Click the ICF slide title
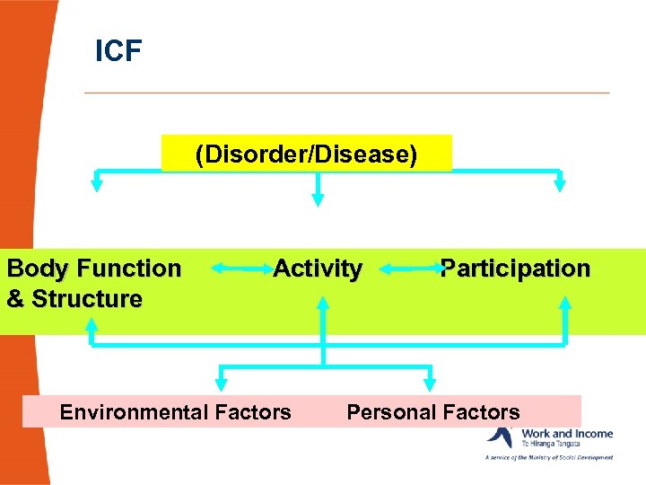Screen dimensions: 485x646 [118, 52]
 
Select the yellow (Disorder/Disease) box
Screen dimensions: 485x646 [306, 154]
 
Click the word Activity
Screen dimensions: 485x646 [318, 269]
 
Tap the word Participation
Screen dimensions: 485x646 [515, 269]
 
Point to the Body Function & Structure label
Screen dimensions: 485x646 [93, 283]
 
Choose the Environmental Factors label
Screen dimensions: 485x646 [175, 412]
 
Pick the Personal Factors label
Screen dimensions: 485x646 [432, 412]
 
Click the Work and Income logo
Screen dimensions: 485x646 [549, 440]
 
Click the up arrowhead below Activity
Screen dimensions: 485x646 [323, 304]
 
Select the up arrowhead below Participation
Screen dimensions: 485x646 [565, 305]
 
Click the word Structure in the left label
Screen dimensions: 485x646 [87, 299]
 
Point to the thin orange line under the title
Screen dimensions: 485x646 [346, 93]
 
